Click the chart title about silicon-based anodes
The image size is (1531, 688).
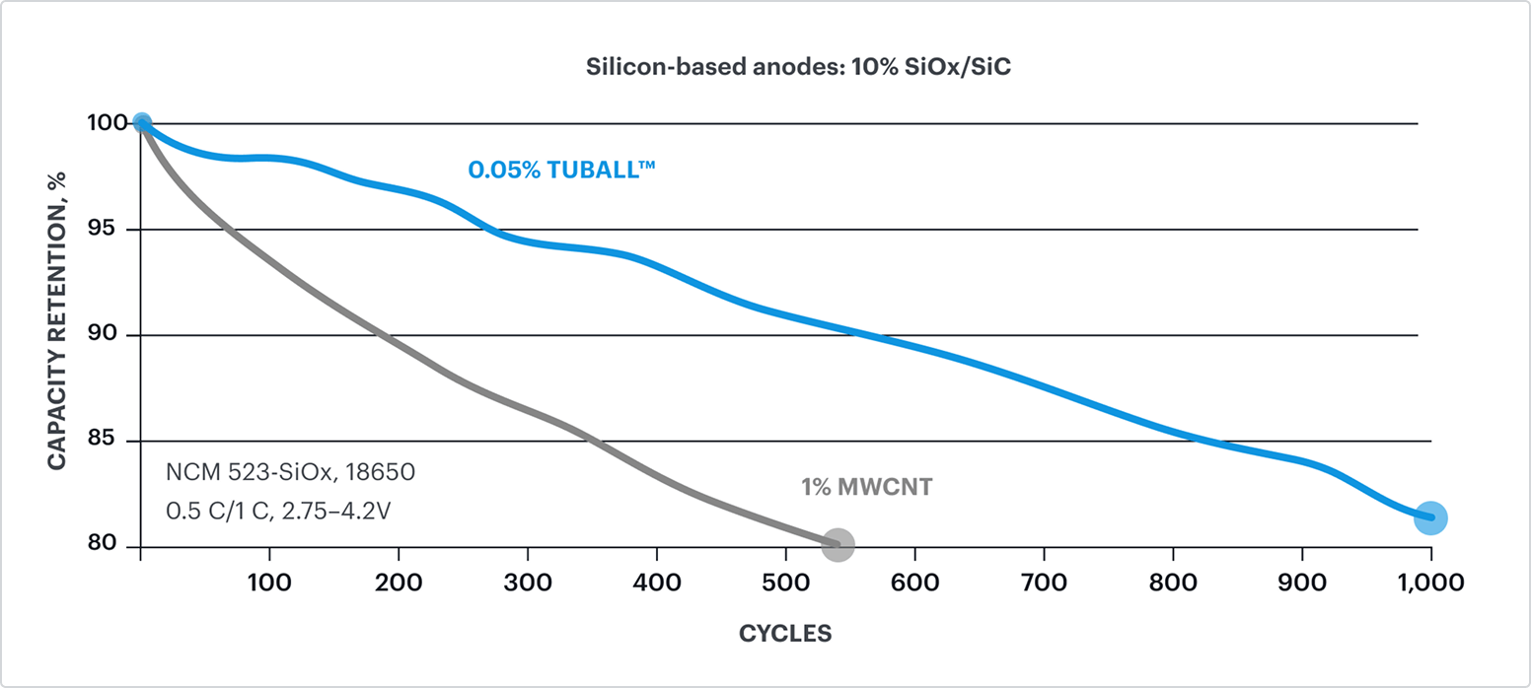pyautogui.click(x=798, y=68)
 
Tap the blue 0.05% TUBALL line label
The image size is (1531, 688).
pyautogui.click(x=562, y=170)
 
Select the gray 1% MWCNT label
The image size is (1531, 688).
pyautogui.click(x=866, y=487)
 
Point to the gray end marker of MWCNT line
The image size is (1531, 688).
pyautogui.click(x=838, y=544)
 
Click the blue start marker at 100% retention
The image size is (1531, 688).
pyautogui.click(x=142, y=123)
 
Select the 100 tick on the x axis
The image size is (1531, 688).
pyautogui.click(x=269, y=583)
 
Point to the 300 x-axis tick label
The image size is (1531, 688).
pyautogui.click(x=528, y=583)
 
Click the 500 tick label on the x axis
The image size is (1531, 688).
pyautogui.click(x=786, y=583)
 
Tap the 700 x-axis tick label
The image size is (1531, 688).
pyautogui.click(x=1045, y=583)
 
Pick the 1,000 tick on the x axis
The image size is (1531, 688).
pyautogui.click(x=1430, y=583)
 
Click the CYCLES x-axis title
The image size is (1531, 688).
pyautogui.click(x=785, y=634)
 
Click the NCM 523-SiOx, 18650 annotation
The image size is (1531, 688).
pyautogui.click(x=291, y=472)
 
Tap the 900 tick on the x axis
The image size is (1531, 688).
pyautogui.click(x=1302, y=583)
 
